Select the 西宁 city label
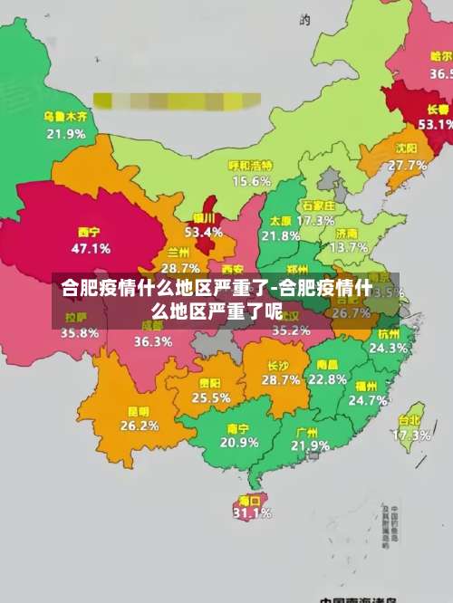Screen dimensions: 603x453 point(90,231)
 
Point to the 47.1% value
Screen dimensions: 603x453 point(91,247)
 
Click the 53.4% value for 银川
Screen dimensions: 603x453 point(203,232)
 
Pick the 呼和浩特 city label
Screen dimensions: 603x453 point(250,165)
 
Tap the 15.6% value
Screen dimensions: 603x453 point(251,181)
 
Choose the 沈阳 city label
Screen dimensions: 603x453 point(407,148)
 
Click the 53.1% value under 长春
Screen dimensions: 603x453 point(434,124)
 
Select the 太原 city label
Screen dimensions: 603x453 point(280,220)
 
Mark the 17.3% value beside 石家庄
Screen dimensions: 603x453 point(315,220)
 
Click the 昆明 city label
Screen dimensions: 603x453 point(140,410)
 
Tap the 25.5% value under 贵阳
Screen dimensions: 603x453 point(211,397)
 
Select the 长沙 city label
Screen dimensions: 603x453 point(278,366)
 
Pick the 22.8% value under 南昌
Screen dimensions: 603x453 point(327,380)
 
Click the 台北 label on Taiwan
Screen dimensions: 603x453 point(410,419)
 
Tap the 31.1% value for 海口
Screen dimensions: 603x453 point(252,513)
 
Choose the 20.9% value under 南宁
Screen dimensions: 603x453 point(239,443)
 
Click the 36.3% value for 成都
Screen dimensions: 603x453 point(153,342)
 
